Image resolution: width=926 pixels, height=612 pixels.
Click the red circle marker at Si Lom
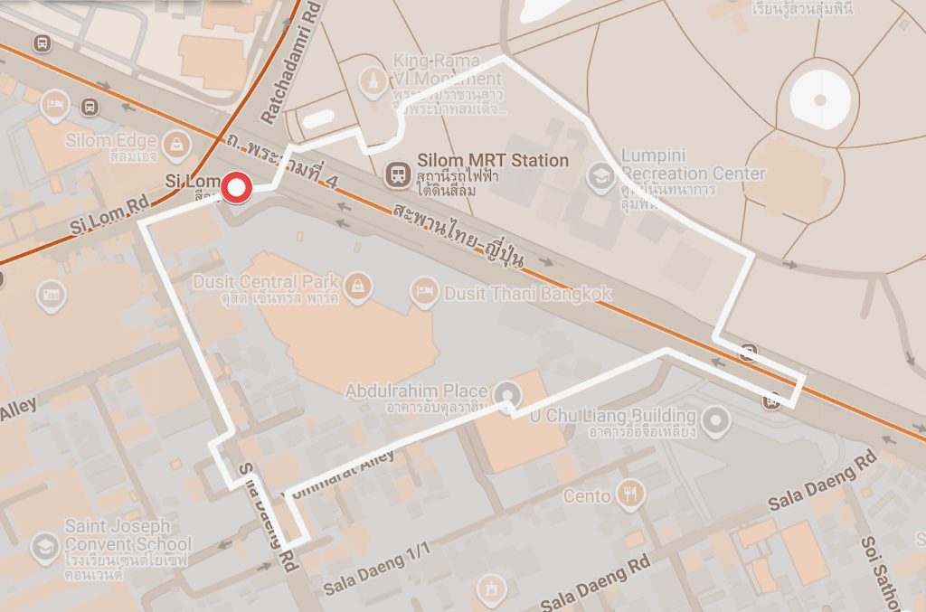pyautogui.click(x=238, y=188)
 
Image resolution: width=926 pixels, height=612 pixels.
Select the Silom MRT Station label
pyautogui.click(x=493, y=161)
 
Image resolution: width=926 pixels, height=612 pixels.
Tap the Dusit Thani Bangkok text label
pyautogui.click(x=526, y=294)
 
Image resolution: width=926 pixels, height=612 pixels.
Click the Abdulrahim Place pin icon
pyautogui.click(x=507, y=393)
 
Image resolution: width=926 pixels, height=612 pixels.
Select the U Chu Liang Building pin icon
pyautogui.click(x=716, y=419)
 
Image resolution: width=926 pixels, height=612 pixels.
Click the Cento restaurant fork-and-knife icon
pyautogui.click(x=630, y=494)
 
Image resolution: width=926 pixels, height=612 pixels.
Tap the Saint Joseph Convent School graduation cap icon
pyautogui.click(x=44, y=546)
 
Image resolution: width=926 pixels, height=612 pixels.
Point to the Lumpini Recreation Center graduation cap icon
pyautogui.click(x=600, y=176)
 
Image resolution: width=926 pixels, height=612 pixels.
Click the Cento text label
pyautogui.click(x=587, y=495)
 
